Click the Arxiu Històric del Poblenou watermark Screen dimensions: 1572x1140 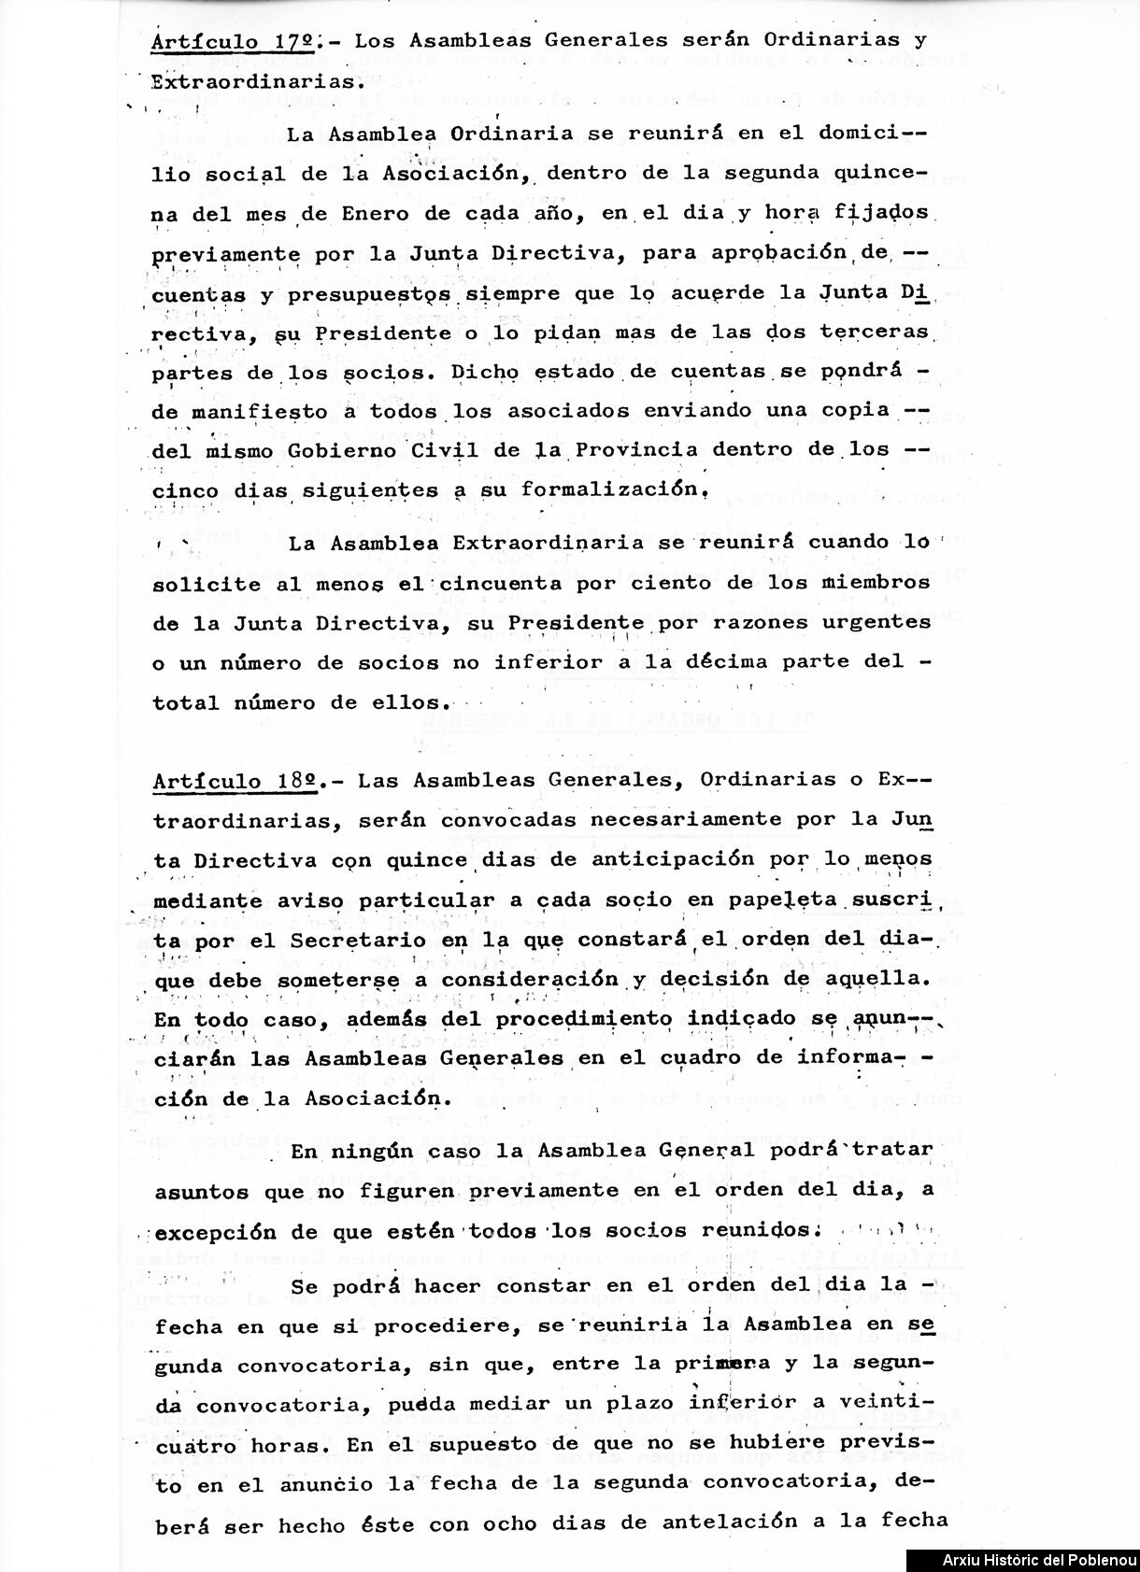(1024, 1561)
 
